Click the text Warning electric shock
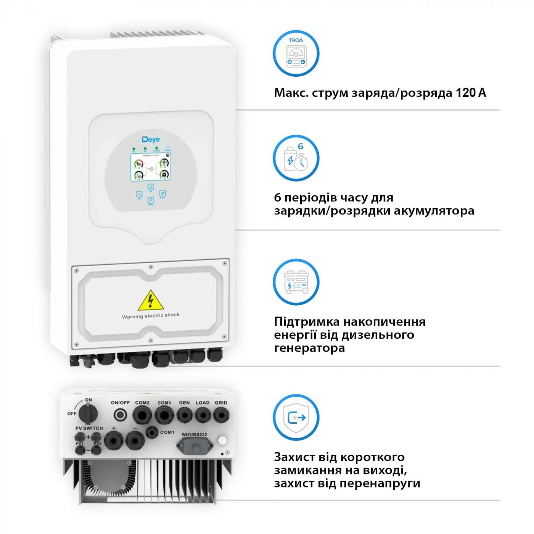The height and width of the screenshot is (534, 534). pos(151,316)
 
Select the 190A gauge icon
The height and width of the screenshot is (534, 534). pos(296,53)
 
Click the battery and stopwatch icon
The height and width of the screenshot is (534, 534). pos(296,158)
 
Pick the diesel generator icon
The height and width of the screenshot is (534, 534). pos(296,283)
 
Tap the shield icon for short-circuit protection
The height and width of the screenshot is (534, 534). pos(296,417)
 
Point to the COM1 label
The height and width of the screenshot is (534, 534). pos(167,432)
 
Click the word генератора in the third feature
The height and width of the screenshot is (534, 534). pos(309,348)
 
